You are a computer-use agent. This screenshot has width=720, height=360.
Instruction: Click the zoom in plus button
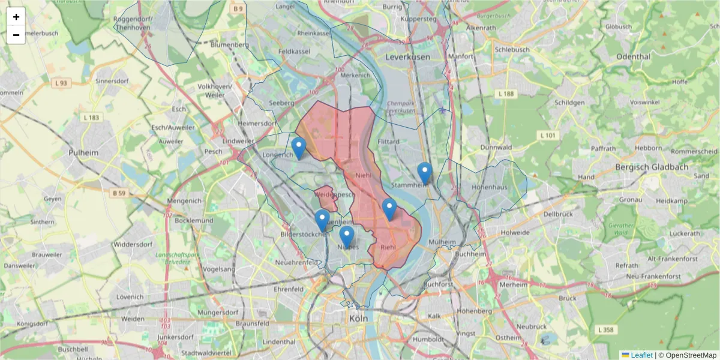point(16,17)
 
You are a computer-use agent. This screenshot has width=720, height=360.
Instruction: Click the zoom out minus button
point(16,35)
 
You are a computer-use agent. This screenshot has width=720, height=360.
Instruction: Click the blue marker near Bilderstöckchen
point(322,220)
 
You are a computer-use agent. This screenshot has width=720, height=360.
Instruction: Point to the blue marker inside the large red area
point(389,210)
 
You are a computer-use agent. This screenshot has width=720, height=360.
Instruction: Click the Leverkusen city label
point(408,56)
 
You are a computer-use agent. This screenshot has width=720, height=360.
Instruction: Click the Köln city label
point(358,319)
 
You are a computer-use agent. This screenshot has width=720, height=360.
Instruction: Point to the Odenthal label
point(633,56)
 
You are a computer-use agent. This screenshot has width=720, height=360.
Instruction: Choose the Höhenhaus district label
point(490,187)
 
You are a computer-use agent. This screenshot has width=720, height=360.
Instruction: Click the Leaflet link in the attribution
point(641,355)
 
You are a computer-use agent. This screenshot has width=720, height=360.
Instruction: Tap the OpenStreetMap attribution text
point(686,355)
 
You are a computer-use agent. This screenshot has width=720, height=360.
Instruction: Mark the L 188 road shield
point(507,94)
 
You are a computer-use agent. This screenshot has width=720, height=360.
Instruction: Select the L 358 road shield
point(607,330)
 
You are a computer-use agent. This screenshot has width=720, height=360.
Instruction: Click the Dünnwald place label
point(496,147)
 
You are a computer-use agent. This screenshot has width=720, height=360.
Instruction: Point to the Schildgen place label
point(569,103)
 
